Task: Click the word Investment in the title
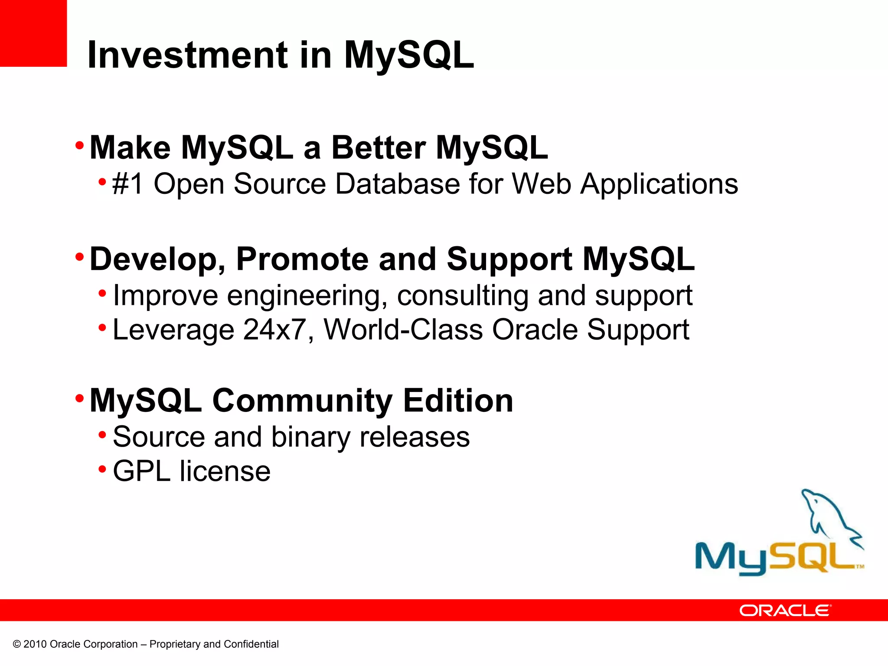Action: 187,55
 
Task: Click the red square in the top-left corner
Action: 33,33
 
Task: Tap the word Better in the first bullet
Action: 378,148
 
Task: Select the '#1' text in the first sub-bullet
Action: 127,184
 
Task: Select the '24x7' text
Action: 274,330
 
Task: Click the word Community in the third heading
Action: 302,401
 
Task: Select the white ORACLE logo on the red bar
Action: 785,610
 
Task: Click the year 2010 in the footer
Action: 35,644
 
